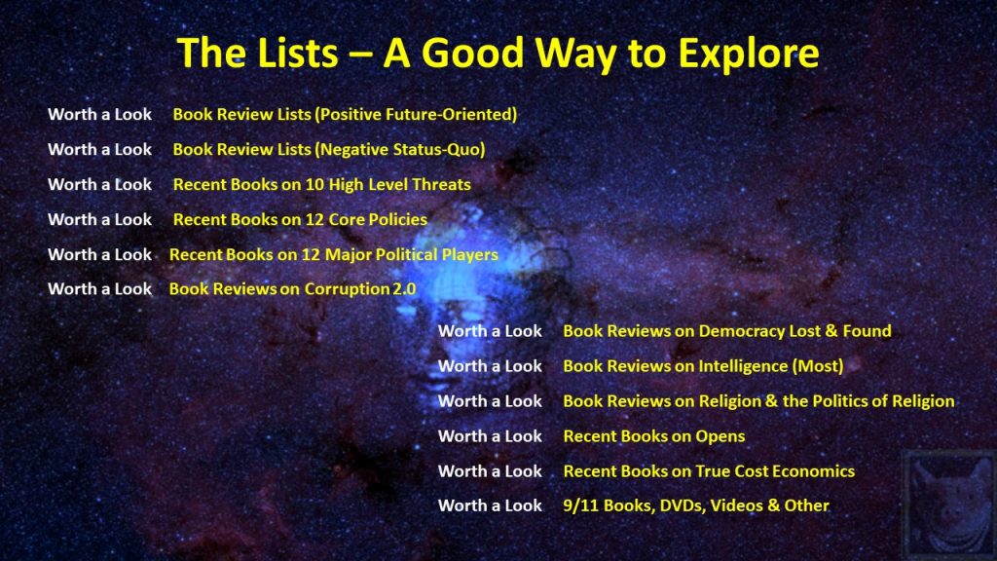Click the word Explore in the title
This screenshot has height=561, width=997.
[x=749, y=54]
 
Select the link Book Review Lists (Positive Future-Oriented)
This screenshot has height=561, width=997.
[x=345, y=115]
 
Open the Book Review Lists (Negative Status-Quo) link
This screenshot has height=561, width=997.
[x=329, y=149]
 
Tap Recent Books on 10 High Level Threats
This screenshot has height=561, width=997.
[x=321, y=184]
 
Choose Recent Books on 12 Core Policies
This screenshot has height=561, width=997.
[x=300, y=219]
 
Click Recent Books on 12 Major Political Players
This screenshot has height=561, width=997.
[x=333, y=254]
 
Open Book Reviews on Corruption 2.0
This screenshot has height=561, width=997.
[x=292, y=288]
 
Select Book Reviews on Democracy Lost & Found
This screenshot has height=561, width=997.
[x=726, y=331]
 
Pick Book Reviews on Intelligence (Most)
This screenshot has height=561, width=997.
[x=703, y=366]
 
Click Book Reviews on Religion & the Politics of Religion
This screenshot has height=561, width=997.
[x=758, y=400]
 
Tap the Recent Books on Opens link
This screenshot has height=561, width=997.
[x=653, y=436]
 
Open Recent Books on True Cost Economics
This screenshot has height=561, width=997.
[x=709, y=471]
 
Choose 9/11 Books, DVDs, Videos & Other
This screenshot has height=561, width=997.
[x=696, y=505]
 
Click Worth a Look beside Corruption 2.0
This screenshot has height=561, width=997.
[x=100, y=288]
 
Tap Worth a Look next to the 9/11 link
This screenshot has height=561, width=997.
[x=490, y=505]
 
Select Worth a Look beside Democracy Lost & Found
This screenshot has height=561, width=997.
[x=490, y=331]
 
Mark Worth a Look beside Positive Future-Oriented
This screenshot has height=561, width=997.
[x=100, y=115]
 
